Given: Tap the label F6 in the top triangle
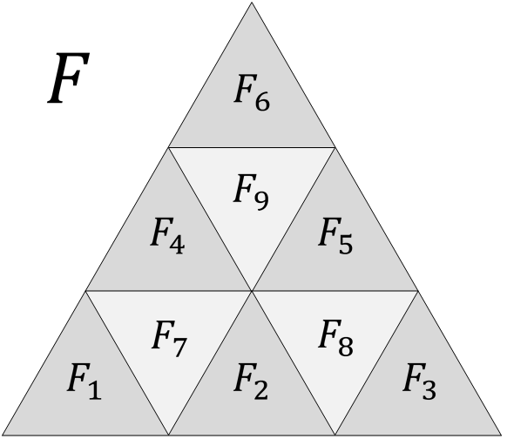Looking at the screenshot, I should pyautogui.click(x=252, y=91).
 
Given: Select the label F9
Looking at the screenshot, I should pyautogui.click(x=251, y=191).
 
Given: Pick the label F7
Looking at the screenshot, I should pyautogui.click(x=168, y=335).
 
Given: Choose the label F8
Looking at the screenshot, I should pyautogui.click(x=335, y=335).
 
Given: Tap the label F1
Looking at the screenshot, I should pyautogui.click(x=84, y=382).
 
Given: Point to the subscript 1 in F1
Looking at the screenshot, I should pyautogui.click(x=95, y=391).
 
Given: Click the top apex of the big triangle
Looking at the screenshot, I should pyautogui.click(x=252, y=3).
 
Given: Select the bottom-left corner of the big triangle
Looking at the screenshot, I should pyautogui.click(x=3, y=435).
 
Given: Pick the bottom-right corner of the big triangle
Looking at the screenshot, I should pyautogui.click(x=503, y=435).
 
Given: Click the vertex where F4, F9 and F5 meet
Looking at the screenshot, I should pyautogui.click(x=252, y=291).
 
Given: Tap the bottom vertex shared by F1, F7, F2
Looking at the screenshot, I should pyautogui.click(x=169, y=435).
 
